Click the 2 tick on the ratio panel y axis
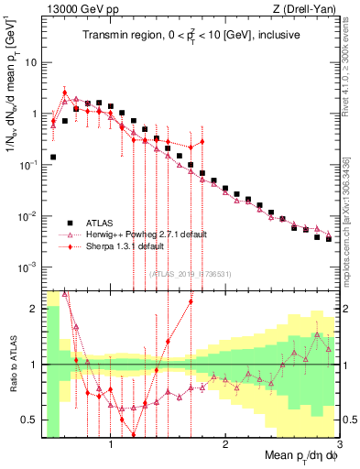click(35, 309)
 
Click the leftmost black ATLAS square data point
click(53, 157)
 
